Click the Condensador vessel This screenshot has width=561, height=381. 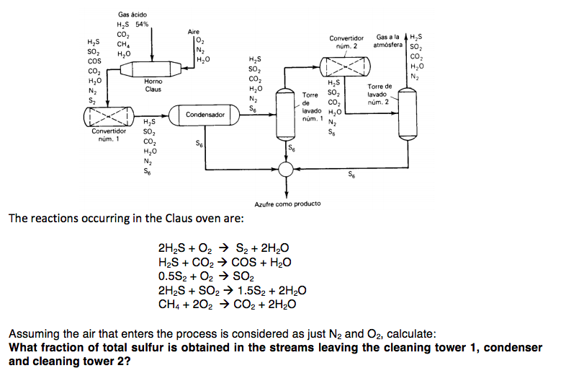[x=205, y=115]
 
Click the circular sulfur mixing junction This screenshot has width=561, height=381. [x=287, y=170]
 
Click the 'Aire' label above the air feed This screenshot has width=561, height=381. [x=193, y=32]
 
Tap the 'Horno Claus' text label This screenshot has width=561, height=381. [x=153, y=86]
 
